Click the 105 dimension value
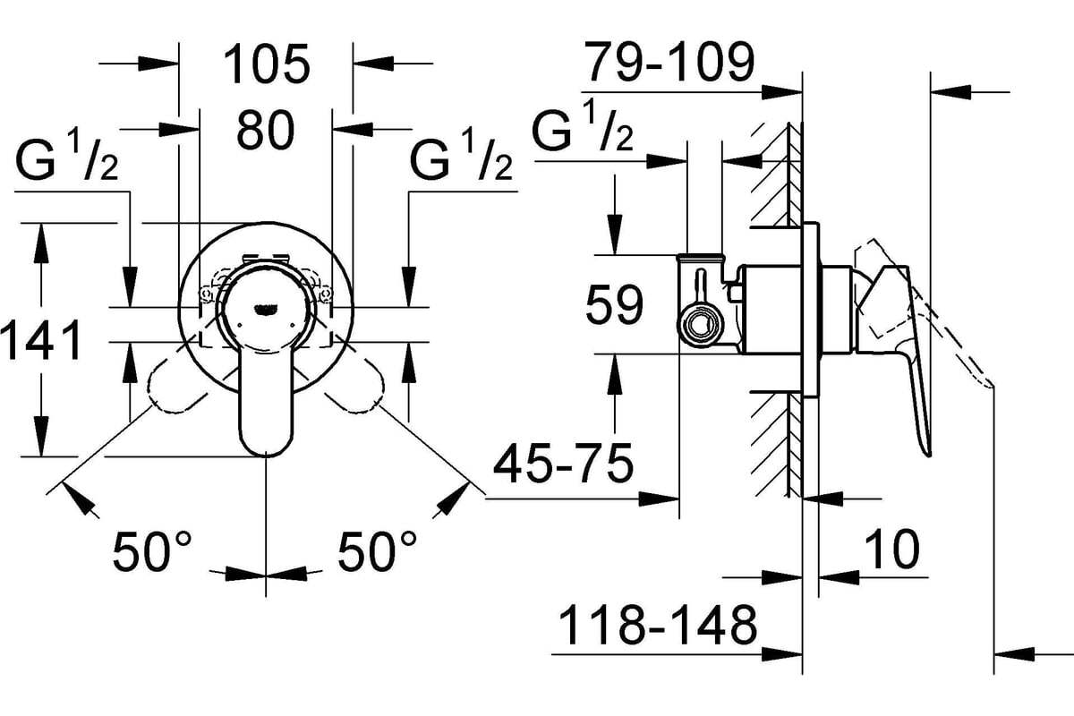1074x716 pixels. pyautogui.click(x=267, y=64)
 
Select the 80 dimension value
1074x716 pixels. pyautogui.click(x=265, y=130)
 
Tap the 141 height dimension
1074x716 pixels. pyautogui.click(x=42, y=341)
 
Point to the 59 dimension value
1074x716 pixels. pyautogui.click(x=614, y=304)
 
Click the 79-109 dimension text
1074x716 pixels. pyautogui.click(x=670, y=62)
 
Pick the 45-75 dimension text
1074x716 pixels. pyautogui.click(x=563, y=464)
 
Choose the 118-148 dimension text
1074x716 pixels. pyautogui.click(x=657, y=626)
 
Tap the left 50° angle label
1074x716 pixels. pyautogui.click(x=152, y=551)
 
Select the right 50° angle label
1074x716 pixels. pyautogui.click(x=377, y=551)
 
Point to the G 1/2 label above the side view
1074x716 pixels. pyautogui.click(x=583, y=124)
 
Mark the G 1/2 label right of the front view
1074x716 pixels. pyautogui.click(x=461, y=155)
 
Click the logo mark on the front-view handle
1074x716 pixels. pyautogui.click(x=265, y=310)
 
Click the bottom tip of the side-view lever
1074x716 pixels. pyautogui.click(x=929, y=454)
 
